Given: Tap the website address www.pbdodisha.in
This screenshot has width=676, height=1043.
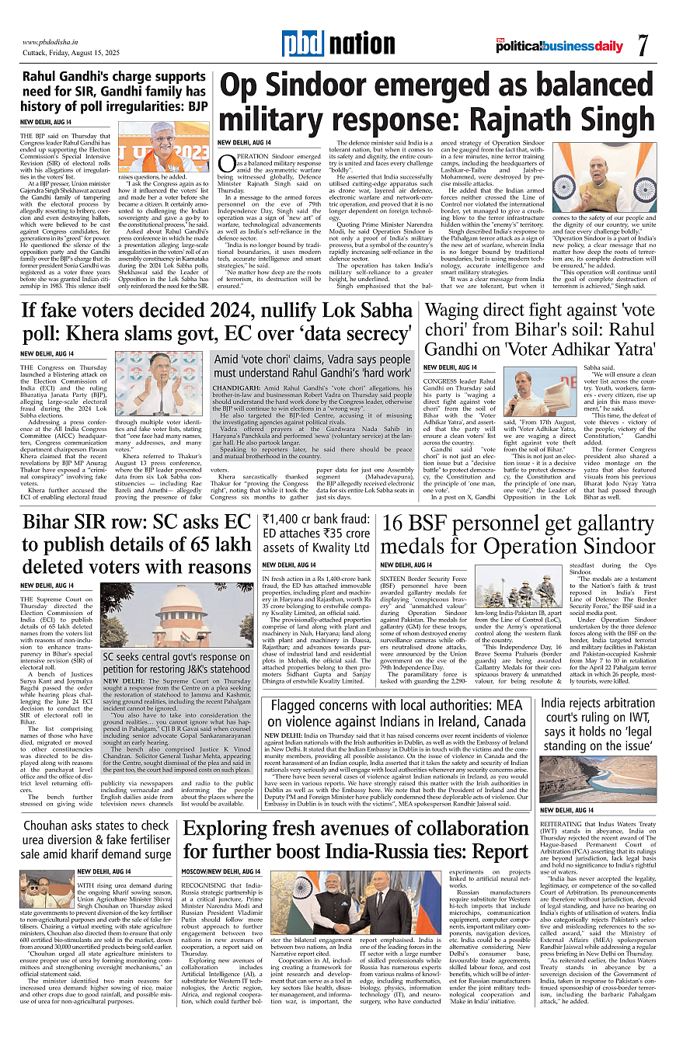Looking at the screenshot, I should click(x=54, y=42).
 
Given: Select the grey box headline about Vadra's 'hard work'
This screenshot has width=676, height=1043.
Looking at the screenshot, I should click(x=312, y=366).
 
